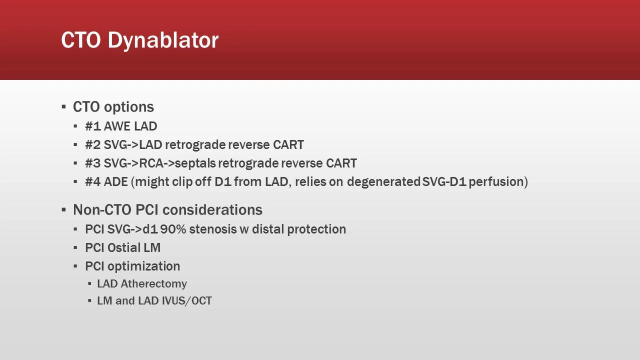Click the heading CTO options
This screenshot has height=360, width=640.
[113, 107]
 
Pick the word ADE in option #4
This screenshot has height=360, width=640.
[116, 182]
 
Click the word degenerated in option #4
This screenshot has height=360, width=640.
[383, 182]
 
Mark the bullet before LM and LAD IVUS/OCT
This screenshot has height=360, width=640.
[90, 301]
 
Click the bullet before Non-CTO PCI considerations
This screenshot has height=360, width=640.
[64, 210]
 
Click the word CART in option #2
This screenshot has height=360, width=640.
[288, 145]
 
